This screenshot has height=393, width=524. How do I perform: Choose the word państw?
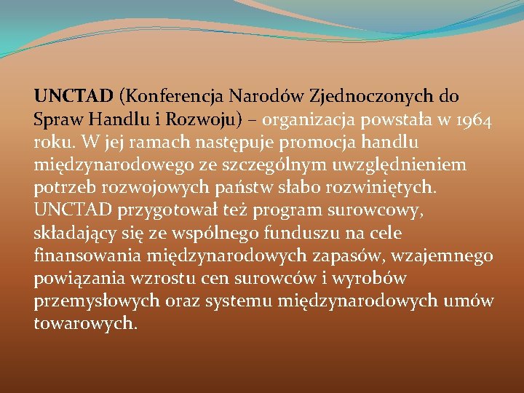(234, 187)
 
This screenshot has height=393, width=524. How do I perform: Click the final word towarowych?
(84, 324)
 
